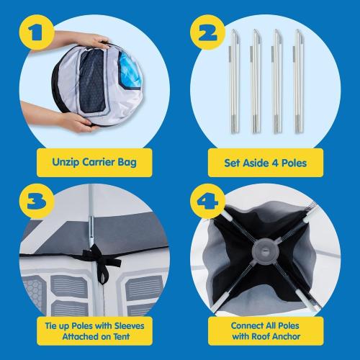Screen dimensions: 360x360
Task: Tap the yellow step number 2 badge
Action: (207, 32)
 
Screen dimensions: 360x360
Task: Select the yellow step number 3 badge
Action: (37, 202)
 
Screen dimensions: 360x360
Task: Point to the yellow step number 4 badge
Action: (207, 202)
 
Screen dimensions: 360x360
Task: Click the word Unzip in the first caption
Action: (66, 162)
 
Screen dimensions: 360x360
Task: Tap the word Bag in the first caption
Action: (127, 163)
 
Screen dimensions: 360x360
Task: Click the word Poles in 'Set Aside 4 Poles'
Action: (294, 163)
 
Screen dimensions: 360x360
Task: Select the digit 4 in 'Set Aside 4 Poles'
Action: (275, 163)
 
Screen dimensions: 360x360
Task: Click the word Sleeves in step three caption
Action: (130, 325)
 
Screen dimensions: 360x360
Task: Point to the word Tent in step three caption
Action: (122, 336)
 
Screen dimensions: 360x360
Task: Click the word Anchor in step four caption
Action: (287, 336)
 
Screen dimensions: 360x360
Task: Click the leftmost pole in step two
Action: (235, 81)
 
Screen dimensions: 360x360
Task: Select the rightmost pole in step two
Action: (298, 81)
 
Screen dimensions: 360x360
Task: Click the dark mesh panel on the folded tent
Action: (92, 81)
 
